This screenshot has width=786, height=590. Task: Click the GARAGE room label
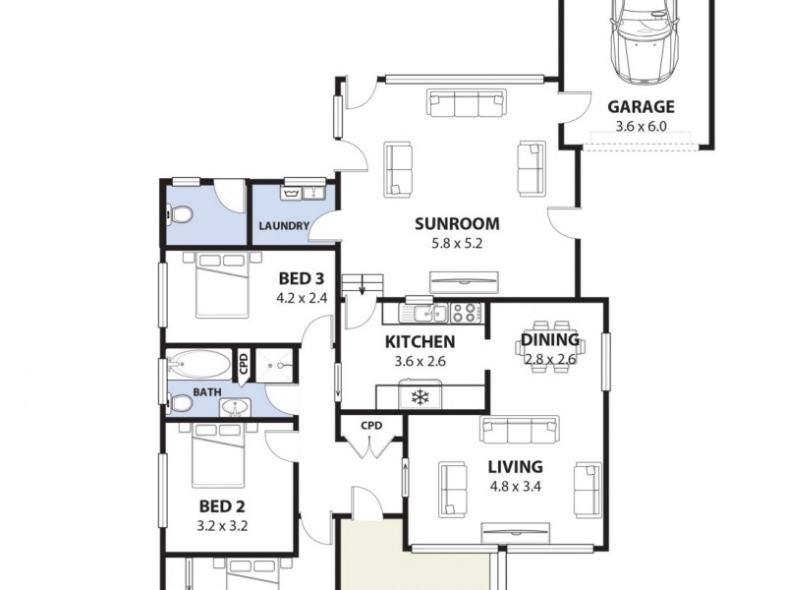pos(641,107)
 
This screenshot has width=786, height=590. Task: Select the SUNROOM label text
pos(457,223)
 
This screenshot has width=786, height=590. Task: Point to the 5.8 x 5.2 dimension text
pos(457,243)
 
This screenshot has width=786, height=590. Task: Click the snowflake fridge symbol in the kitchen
pos(421,397)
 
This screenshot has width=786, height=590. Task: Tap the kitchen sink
pos(429,314)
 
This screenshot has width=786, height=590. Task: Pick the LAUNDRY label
pos(284,226)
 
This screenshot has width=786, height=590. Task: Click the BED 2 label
pos(222,506)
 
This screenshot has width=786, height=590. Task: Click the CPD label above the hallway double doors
pos(371,426)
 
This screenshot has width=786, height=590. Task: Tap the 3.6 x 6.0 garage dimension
pos(641,126)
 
